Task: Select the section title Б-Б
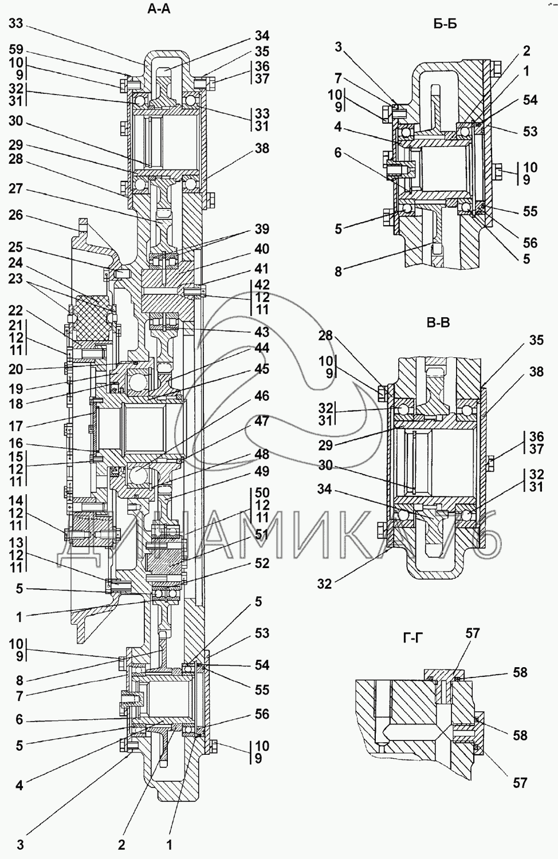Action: click(445, 23)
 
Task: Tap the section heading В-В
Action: click(438, 323)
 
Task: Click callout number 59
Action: click(16, 49)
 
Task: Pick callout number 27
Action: click(16, 188)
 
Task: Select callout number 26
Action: click(16, 215)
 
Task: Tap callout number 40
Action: click(262, 249)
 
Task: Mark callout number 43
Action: click(262, 332)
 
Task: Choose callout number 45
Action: click(262, 369)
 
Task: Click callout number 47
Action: click(262, 421)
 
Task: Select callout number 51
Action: click(262, 534)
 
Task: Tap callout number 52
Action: click(262, 564)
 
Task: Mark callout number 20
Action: click(16, 370)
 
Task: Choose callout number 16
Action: click(16, 444)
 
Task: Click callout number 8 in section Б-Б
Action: click(338, 272)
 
